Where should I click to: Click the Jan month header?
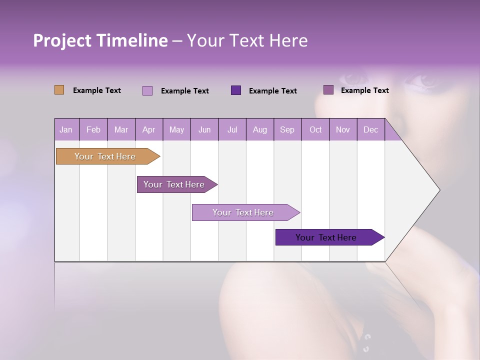(66, 129)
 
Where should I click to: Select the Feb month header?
(93, 129)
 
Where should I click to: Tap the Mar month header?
(121, 129)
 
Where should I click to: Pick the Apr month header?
(149, 129)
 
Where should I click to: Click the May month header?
(176, 129)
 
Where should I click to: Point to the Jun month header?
(204, 129)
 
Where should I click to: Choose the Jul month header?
(232, 129)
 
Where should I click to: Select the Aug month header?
(260, 129)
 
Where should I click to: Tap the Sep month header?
(287, 129)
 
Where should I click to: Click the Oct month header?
(315, 129)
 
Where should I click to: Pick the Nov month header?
(343, 129)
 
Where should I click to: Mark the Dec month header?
(371, 129)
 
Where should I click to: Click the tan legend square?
(59, 90)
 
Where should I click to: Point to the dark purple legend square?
(236, 90)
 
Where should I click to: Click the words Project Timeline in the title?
(100, 40)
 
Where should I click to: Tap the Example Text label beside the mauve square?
(364, 90)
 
